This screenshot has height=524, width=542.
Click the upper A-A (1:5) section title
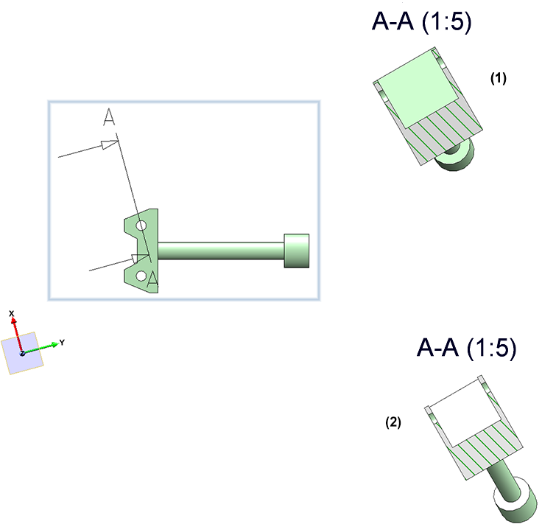[x=421, y=21]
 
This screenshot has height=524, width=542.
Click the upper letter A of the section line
[x=110, y=118]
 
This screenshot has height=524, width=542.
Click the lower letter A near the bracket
[x=152, y=279]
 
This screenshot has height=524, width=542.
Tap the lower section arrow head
[x=139, y=259]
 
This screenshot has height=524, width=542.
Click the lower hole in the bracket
[x=141, y=276]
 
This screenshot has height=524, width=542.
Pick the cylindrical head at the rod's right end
[x=296, y=251]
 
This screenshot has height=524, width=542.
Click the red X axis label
[x=12, y=314]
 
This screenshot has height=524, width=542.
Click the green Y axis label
[x=63, y=342]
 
